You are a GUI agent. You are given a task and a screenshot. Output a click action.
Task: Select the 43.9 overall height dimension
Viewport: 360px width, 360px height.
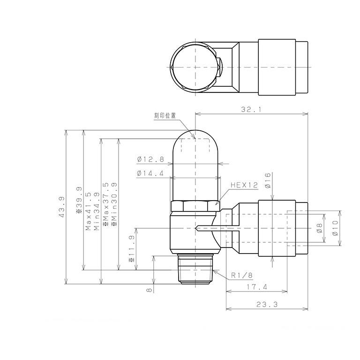pyautogui.click(x=61, y=205)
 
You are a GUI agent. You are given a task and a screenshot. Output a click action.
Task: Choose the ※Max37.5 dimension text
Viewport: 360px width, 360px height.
pyautogui.click(x=105, y=205)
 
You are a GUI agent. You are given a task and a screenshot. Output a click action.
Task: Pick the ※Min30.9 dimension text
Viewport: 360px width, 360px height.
pyautogui.click(x=114, y=205)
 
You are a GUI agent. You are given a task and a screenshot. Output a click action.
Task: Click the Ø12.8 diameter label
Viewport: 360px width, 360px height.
pyautogui.click(x=150, y=159)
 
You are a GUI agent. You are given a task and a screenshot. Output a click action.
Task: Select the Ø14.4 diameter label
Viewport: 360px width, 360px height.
pyautogui.click(x=150, y=173)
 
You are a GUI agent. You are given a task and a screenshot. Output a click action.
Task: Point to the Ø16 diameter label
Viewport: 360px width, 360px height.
pyautogui.click(x=268, y=180)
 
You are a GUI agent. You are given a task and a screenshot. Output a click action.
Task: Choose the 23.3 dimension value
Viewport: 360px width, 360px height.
pyautogui.click(x=267, y=304)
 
